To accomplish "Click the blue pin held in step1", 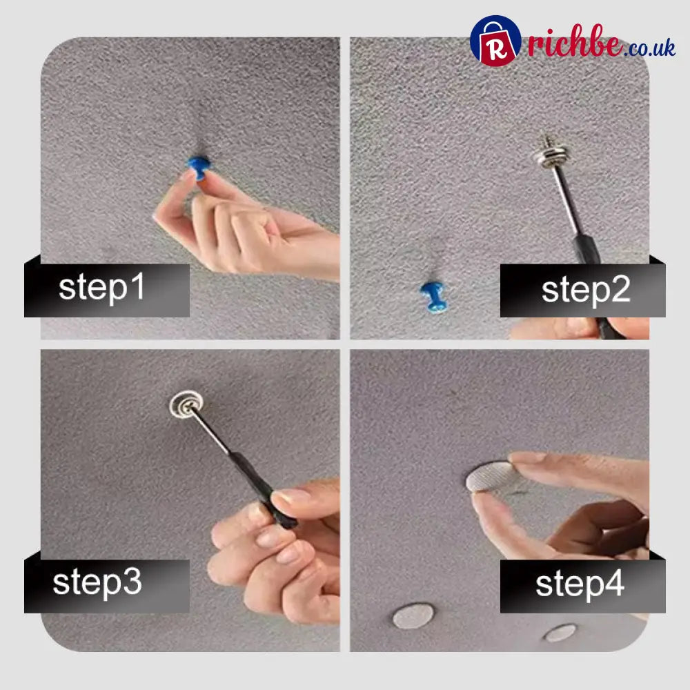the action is pos(199,167).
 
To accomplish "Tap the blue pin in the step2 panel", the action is pos(434,297).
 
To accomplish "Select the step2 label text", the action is pos(586,290).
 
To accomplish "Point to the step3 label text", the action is pos(97,582).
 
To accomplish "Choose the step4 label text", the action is pos(580,584).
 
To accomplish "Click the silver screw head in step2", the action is pos(553,152).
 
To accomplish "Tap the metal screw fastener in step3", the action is pos(186,404).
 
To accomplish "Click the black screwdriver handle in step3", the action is pos(264,490).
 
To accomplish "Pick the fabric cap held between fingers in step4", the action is pos(491,477).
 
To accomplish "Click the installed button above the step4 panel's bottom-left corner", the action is pos(413,615).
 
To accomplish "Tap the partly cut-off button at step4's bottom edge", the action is pos(560,633).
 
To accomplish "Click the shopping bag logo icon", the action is pos(495,41).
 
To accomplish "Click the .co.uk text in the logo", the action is pos(649,48).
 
